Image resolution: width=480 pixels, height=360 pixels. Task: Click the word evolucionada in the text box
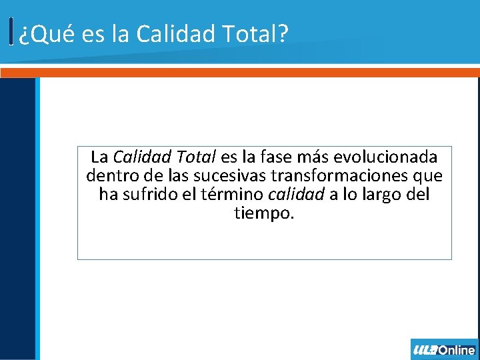tap(385, 157)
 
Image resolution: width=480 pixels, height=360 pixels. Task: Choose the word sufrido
tap(152, 195)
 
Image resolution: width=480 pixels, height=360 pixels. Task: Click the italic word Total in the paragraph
tap(194, 157)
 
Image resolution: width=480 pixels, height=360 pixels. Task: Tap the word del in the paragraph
tap(419, 195)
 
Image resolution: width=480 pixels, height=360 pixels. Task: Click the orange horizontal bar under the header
tap(240, 72)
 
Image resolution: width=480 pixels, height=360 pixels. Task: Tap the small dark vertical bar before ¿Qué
tap(12, 31)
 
